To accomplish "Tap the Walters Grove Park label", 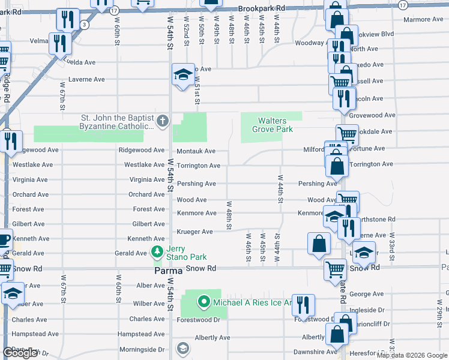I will coord(272,125).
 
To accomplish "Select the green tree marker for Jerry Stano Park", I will coord(157,251).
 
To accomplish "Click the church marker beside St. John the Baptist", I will coord(161,122).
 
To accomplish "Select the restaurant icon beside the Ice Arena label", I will coord(303,305).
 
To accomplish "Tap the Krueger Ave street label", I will coord(194,232).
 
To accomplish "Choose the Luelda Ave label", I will coord(82,62).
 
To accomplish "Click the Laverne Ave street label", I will coord(86,79).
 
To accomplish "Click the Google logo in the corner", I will coord(20,353).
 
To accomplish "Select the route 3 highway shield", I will coord(85,25).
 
